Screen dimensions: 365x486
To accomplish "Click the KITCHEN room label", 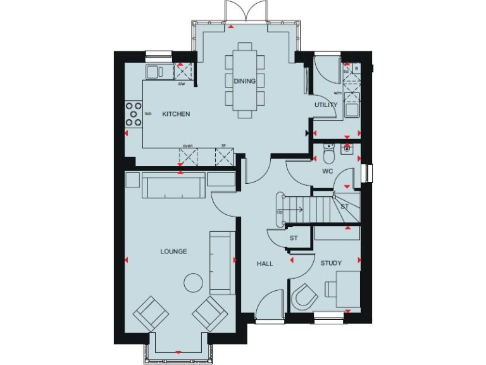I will click(x=176, y=114).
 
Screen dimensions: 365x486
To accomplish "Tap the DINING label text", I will click(x=244, y=81).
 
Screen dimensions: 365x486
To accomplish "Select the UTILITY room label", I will click(x=327, y=105).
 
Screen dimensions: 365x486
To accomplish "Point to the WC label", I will click(x=327, y=171).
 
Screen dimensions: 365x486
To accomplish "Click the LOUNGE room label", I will click(x=173, y=252).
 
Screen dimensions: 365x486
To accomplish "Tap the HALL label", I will click(x=265, y=263).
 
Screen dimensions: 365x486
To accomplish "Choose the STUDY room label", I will click(x=331, y=263).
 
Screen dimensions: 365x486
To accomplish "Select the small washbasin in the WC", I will click(x=346, y=150).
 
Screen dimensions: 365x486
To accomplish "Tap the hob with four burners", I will click(x=134, y=114).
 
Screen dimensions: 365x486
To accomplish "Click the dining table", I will click(x=244, y=80).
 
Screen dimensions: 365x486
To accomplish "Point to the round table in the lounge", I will click(x=192, y=283).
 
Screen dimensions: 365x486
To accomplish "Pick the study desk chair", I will click(x=305, y=296).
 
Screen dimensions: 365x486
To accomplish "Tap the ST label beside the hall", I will click(x=293, y=238).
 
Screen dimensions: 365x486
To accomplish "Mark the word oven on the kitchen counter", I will click(x=188, y=146).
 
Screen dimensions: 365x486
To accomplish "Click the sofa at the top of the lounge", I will click(x=173, y=186).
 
